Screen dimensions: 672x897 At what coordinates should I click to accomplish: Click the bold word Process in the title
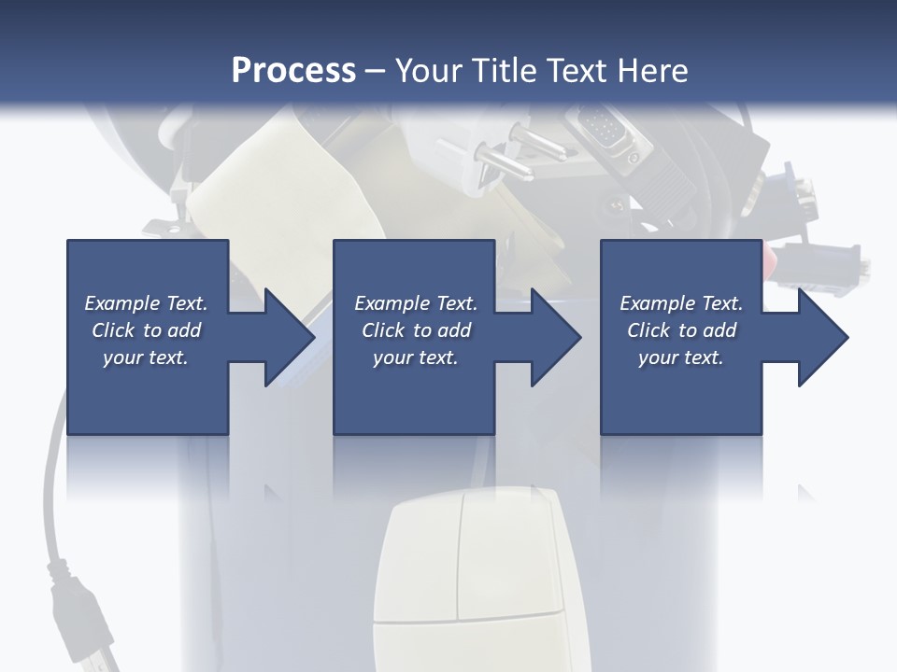pyautogui.click(x=293, y=70)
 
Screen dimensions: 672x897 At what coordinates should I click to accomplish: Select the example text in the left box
pyautogui.click(x=147, y=330)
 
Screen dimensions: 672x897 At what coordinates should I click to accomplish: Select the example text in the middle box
pyautogui.click(x=416, y=330)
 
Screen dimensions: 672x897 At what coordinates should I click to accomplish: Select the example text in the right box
pyautogui.click(x=681, y=330)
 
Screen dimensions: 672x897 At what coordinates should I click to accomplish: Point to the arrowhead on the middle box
pyautogui.click(x=554, y=337)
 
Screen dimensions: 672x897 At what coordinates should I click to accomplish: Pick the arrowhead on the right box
pyautogui.click(x=820, y=337)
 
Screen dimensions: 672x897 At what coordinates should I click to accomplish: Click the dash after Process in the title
pyautogui.click(x=375, y=70)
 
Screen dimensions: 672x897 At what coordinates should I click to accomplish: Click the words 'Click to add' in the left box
pyautogui.click(x=147, y=330)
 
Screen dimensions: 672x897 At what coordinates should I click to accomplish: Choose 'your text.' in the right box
pyautogui.click(x=681, y=357)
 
